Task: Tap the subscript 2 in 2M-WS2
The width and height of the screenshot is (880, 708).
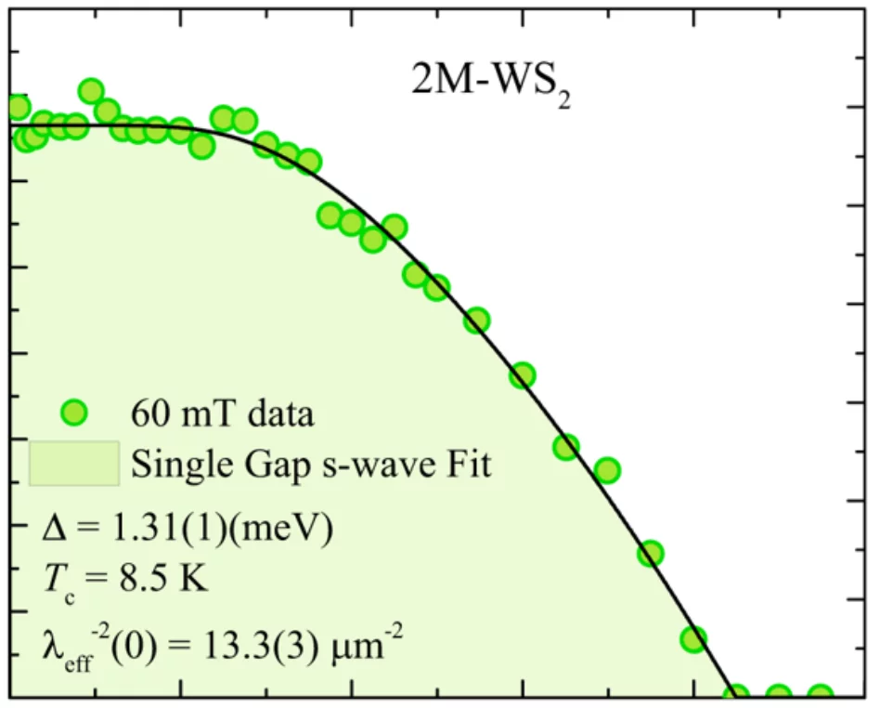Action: (x=562, y=99)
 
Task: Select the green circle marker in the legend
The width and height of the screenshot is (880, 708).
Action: (x=73, y=412)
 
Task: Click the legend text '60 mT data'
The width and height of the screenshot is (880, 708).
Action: (x=223, y=413)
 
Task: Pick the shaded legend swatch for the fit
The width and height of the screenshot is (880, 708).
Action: (x=74, y=463)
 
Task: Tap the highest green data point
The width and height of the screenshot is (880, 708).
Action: (x=91, y=91)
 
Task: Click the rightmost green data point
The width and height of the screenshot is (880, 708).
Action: (x=820, y=696)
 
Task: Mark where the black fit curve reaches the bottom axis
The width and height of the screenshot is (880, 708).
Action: (x=731, y=695)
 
